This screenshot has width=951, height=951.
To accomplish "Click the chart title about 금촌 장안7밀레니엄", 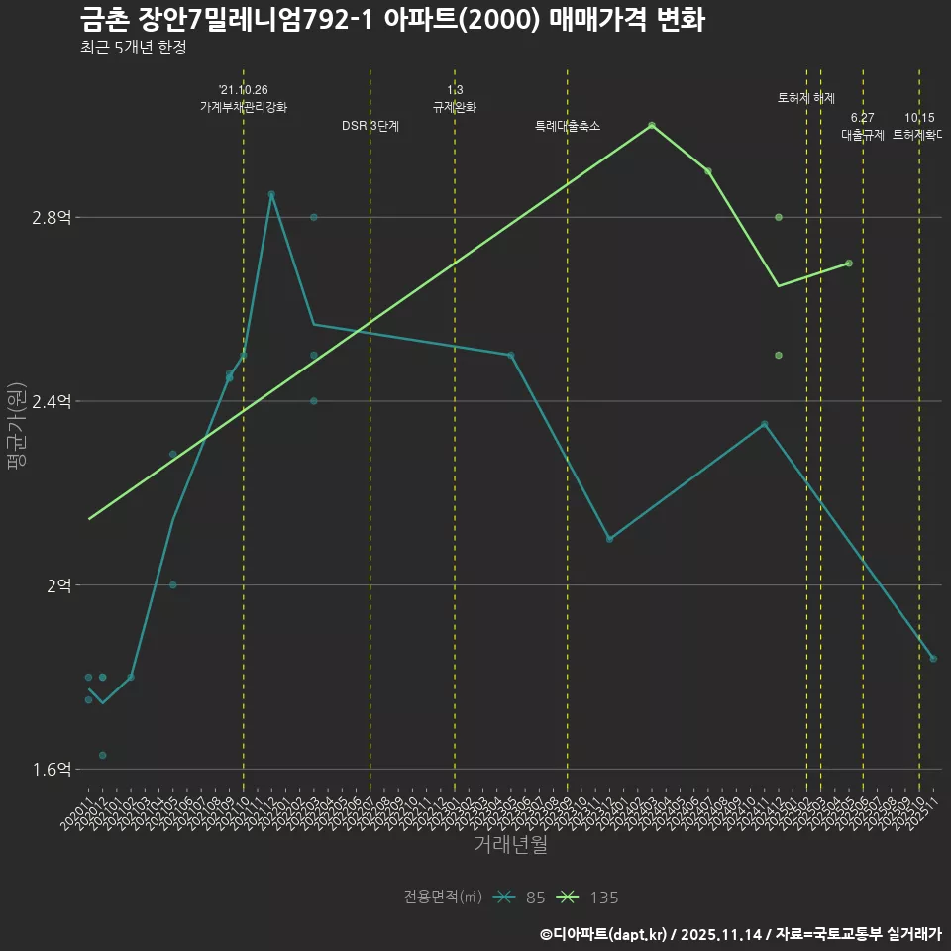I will click(392, 19).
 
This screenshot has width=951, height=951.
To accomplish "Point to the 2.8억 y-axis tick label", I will click(52, 218).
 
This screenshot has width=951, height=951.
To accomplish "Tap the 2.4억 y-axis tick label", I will click(52, 401).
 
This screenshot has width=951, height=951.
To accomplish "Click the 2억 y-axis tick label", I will click(57, 585).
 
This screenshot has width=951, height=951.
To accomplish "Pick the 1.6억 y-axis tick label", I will click(52, 770).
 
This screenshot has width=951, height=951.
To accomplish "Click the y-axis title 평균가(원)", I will click(17, 439).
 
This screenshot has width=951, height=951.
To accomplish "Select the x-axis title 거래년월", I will click(510, 845).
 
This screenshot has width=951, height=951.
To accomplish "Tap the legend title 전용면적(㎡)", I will click(443, 898).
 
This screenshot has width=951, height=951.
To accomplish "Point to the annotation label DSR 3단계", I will click(370, 126).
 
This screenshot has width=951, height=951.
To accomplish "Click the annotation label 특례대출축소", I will click(568, 126).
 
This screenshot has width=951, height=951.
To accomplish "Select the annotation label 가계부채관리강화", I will click(244, 107).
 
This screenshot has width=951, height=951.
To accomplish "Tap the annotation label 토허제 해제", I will click(806, 98).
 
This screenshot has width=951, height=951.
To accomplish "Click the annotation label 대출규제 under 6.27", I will click(863, 135).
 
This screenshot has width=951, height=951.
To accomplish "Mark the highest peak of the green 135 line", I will click(652, 126).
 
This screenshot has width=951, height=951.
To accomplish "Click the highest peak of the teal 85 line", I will click(271, 194).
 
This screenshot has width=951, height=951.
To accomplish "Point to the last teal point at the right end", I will click(933, 659).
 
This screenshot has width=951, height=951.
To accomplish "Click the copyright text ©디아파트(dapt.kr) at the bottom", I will click(604, 933).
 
